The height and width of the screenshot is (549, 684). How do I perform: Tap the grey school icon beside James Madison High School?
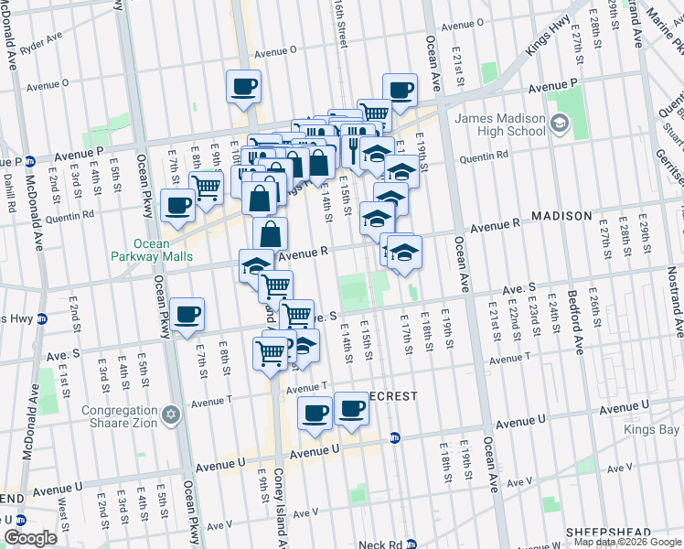point(558,121)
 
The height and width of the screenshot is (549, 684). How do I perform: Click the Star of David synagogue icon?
point(169,416)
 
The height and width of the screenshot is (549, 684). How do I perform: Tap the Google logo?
point(30,538)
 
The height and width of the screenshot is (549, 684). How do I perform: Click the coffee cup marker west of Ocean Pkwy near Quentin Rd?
point(177,205)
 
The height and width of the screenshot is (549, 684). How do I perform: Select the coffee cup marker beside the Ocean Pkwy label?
point(187,314)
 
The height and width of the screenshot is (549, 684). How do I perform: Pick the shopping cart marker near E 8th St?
point(207,188)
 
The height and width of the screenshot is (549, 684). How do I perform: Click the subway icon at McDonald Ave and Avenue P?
point(29,158)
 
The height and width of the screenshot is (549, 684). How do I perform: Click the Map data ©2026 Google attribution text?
point(626,542)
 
